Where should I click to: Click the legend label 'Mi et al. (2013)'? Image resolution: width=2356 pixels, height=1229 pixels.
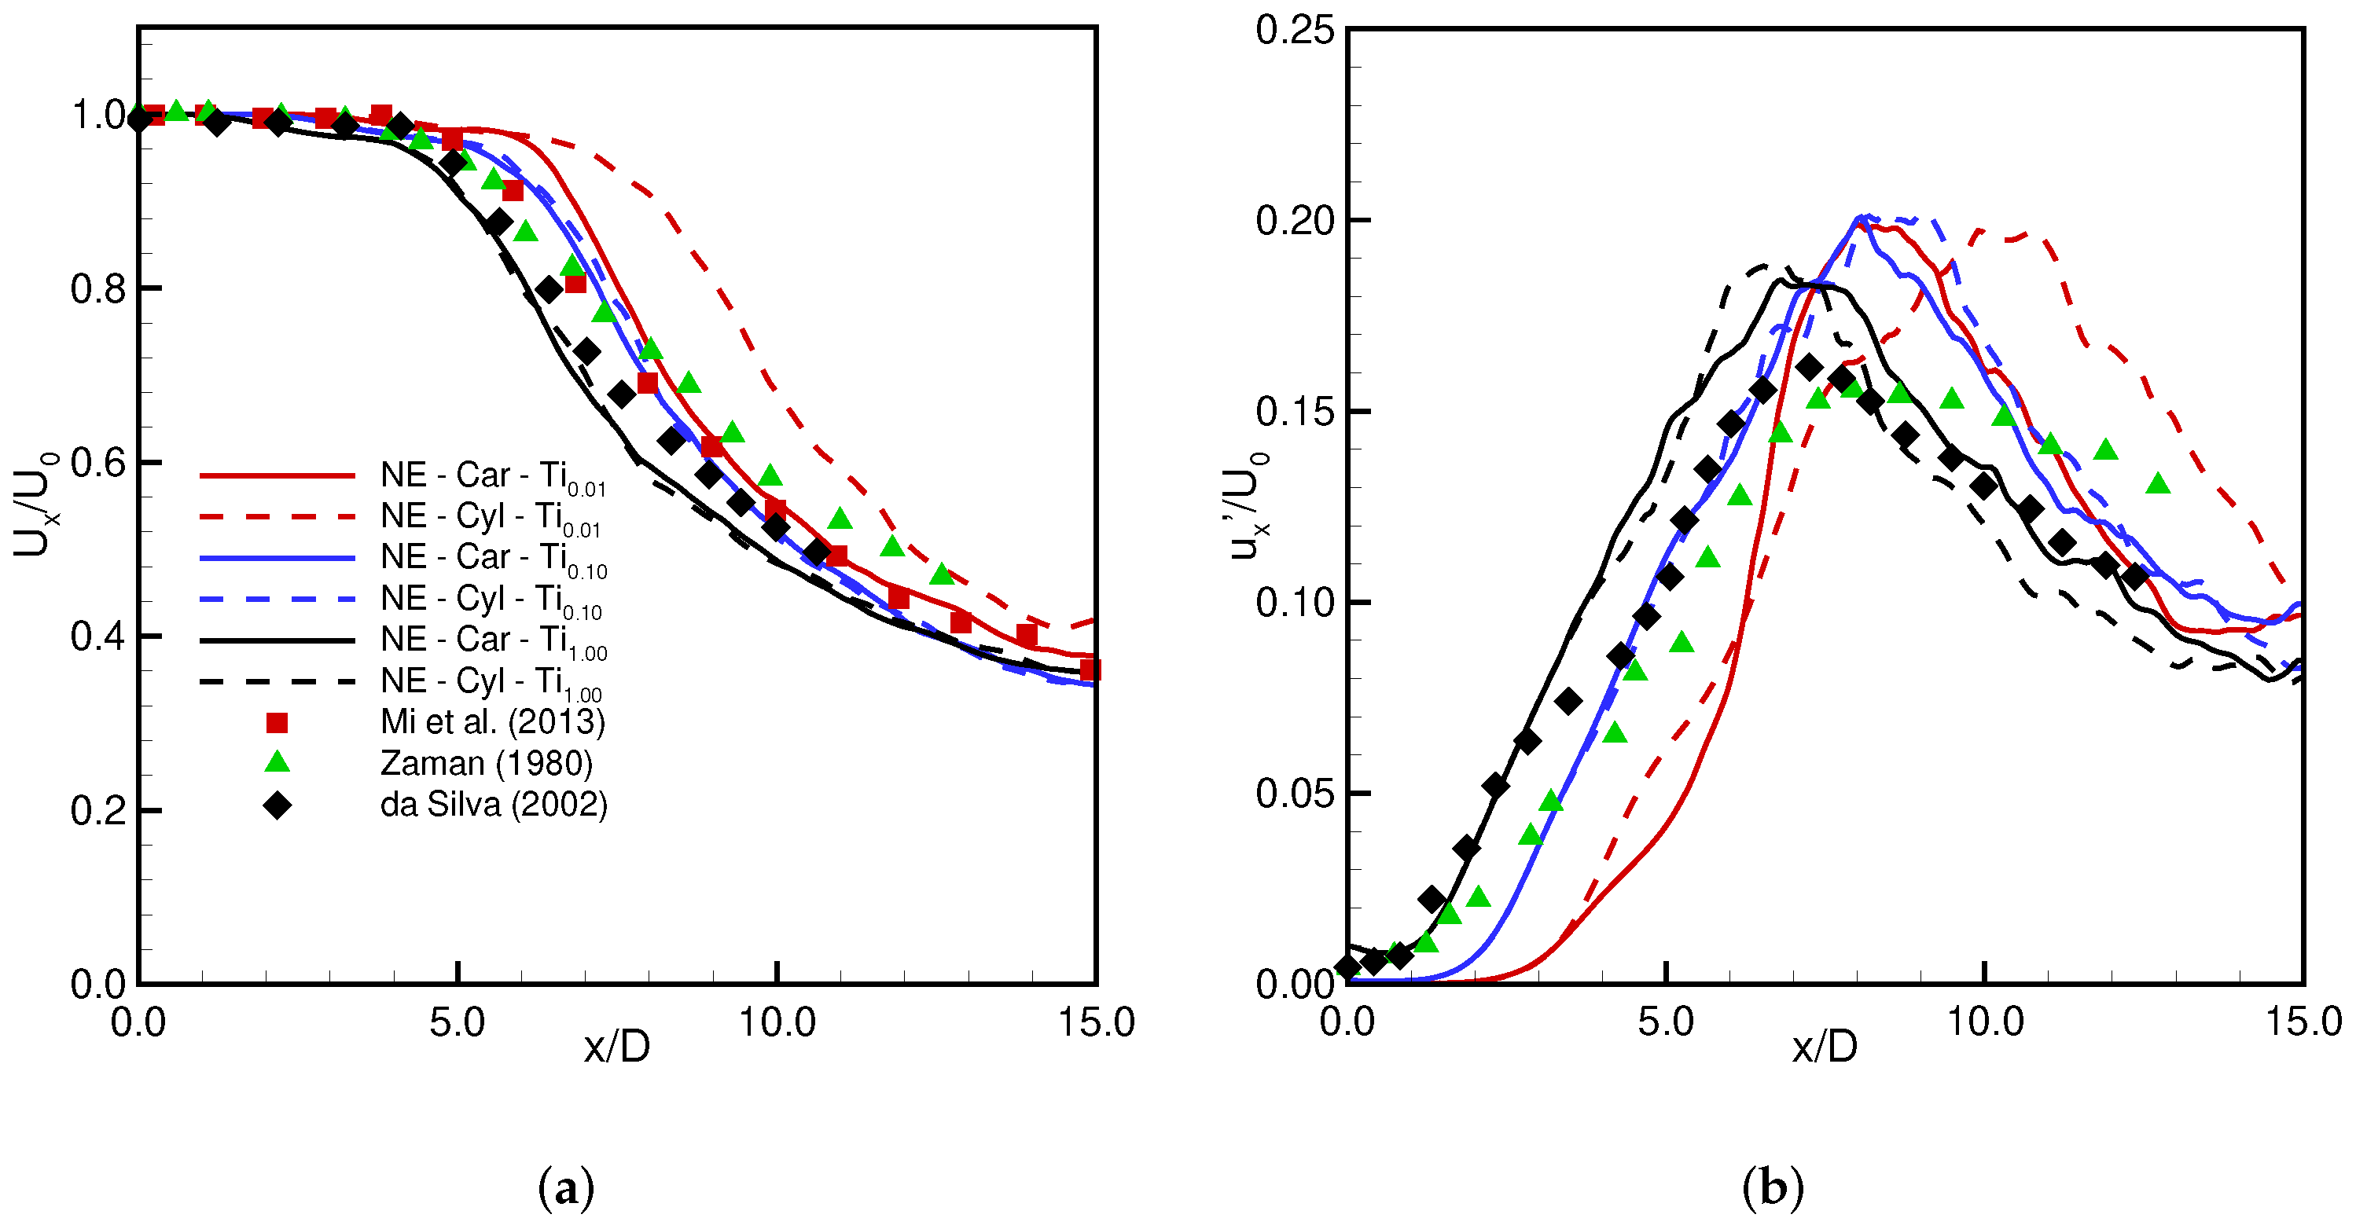click(492, 722)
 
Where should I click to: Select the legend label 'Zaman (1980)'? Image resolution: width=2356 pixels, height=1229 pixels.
click(486, 764)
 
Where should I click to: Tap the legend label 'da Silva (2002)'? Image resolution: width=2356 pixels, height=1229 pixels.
click(493, 805)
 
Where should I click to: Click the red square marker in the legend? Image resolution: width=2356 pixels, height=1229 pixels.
click(276, 723)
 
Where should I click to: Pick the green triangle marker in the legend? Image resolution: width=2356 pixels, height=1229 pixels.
click(276, 763)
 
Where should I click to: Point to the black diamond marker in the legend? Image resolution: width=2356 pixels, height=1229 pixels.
click(276, 805)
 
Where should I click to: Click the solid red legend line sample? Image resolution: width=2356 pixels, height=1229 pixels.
click(276, 475)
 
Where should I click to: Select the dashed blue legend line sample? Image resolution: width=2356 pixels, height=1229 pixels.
click(276, 599)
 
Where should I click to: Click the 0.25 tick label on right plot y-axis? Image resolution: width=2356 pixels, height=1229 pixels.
click(1294, 30)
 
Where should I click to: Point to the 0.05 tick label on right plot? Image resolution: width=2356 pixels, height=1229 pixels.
click(1294, 794)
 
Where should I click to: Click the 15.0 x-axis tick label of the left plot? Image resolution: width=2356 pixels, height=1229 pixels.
click(1096, 1022)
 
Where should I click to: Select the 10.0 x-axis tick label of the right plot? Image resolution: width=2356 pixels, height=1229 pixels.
click(1983, 1022)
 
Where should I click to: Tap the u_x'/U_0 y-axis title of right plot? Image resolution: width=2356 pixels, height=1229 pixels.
click(1248, 504)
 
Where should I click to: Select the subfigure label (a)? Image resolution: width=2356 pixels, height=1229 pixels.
click(566, 1189)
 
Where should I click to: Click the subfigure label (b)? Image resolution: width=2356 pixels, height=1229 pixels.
click(1773, 1189)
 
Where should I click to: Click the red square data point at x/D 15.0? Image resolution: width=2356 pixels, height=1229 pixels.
click(1090, 670)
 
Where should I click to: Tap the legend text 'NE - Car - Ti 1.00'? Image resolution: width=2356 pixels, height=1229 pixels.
click(493, 640)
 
